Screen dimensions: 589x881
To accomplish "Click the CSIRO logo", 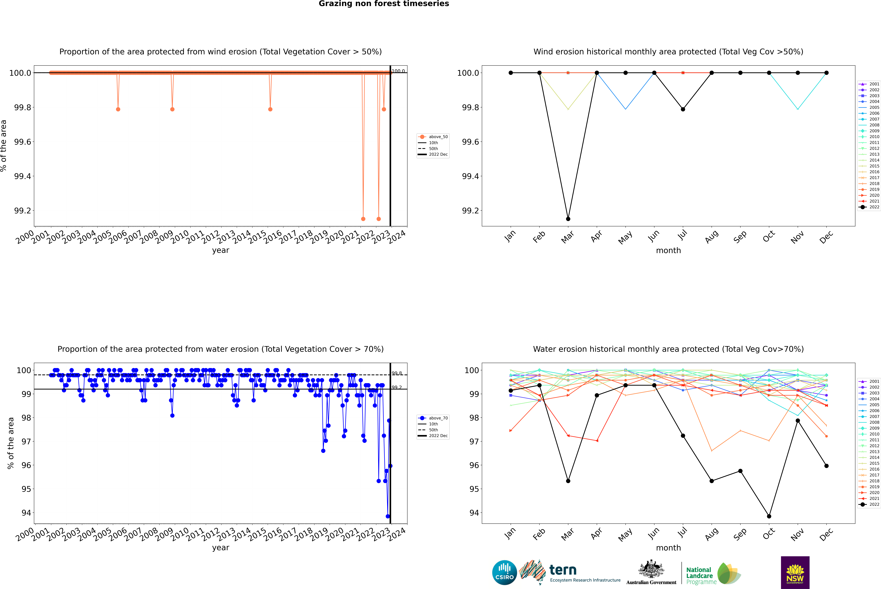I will tap(504, 572).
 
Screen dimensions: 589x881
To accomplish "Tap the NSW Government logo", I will tap(795, 572).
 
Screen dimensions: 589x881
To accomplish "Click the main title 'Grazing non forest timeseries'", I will tap(384, 4).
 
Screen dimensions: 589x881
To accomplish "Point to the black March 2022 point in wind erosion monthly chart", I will tap(568, 219).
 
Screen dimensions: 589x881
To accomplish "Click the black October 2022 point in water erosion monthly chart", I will tap(769, 516).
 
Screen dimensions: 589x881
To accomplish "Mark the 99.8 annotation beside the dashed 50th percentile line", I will tap(397, 373).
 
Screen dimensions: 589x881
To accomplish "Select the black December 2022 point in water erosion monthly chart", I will tap(826, 466).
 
